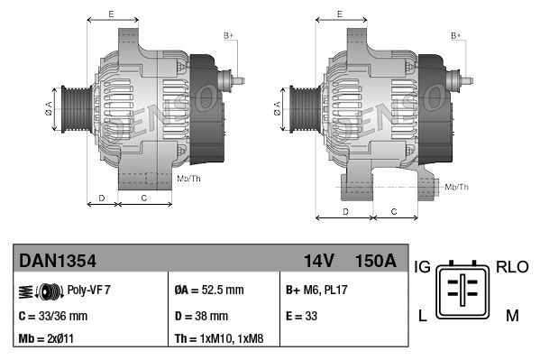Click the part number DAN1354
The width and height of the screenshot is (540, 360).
[58, 261]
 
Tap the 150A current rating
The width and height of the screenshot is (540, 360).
[375, 261]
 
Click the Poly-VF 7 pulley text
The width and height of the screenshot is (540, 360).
[88, 291]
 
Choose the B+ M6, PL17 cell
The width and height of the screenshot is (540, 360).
[316, 291]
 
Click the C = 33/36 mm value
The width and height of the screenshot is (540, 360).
[53, 316]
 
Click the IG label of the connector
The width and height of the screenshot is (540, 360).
[421, 267]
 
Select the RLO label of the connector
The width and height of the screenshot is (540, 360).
[511, 267]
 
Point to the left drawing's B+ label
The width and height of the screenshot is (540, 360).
[229, 35]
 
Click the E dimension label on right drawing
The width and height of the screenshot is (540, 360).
[339, 14]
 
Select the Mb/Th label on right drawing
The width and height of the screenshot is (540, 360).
[457, 187]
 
